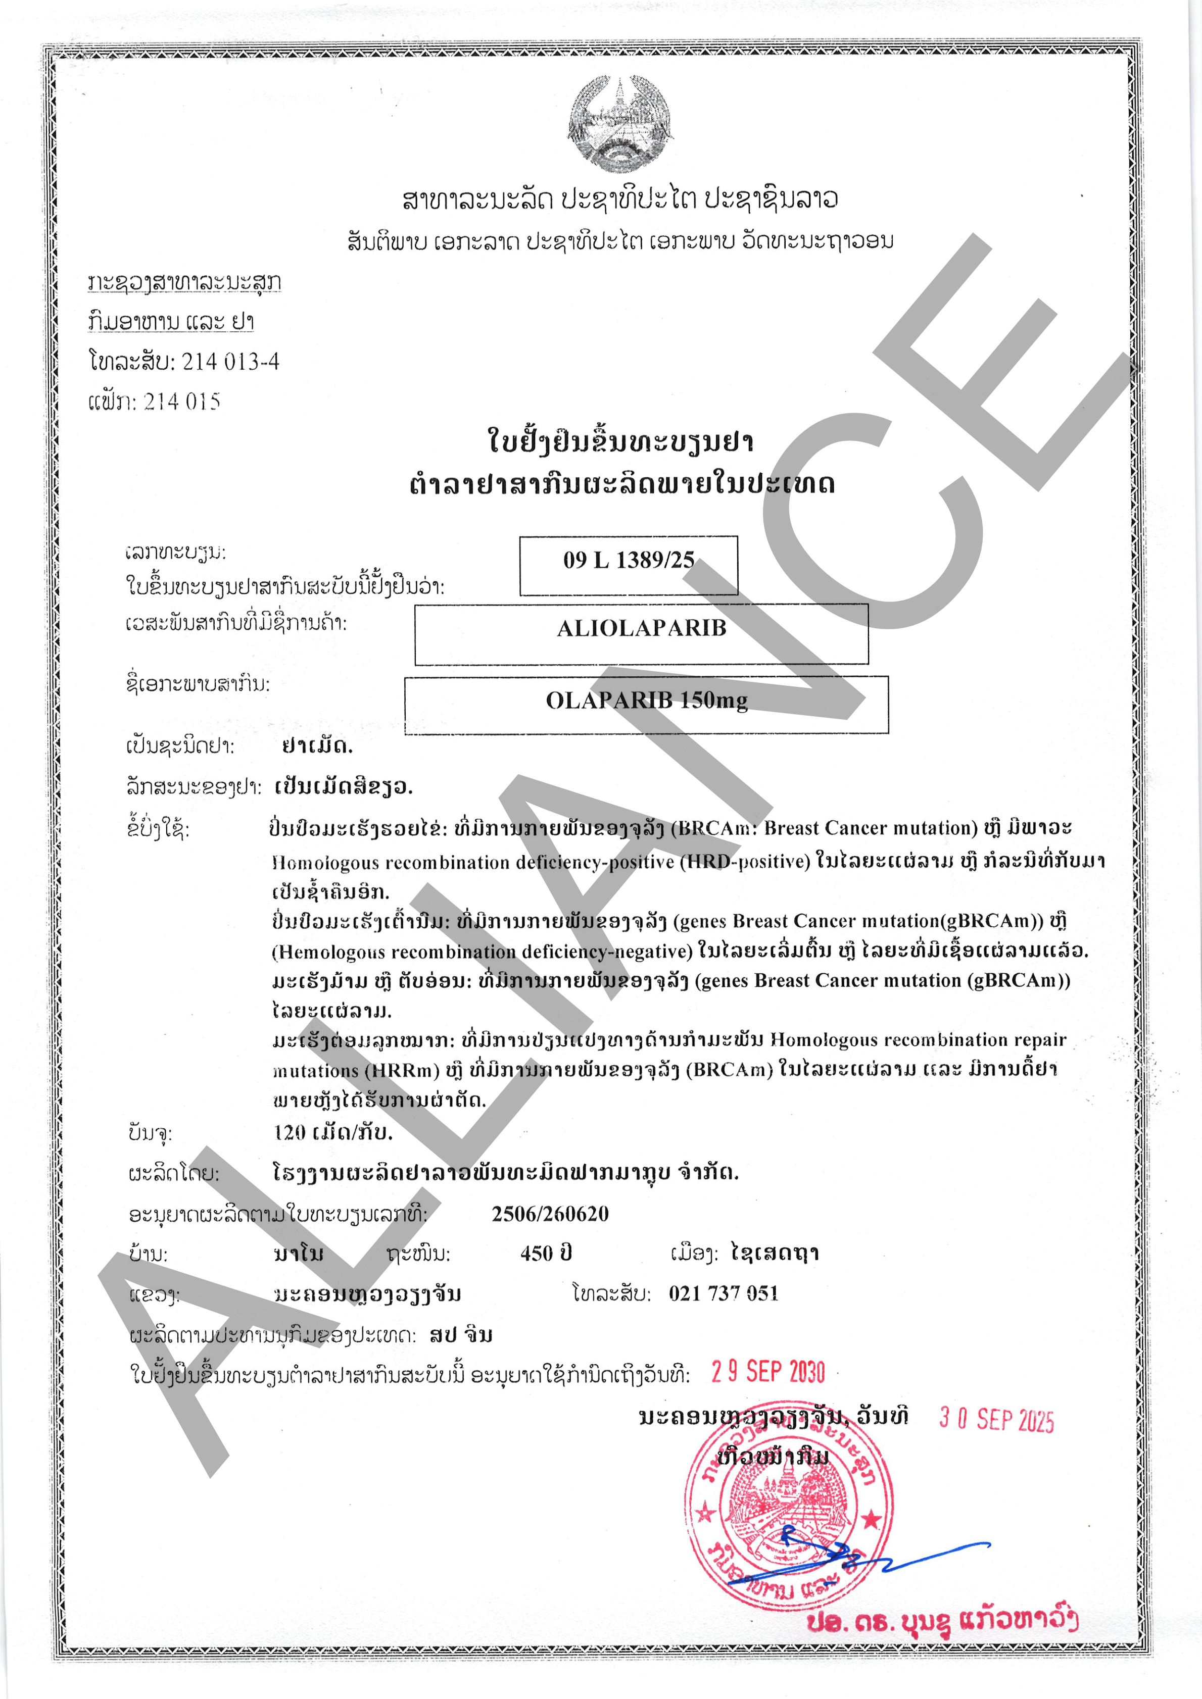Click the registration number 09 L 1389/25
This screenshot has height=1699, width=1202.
click(x=629, y=560)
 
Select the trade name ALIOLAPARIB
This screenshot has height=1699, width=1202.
click(x=642, y=628)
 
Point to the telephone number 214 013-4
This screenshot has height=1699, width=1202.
click(x=230, y=362)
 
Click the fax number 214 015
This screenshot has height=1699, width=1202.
click(x=182, y=402)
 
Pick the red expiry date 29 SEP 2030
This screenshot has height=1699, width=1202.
click(x=767, y=1372)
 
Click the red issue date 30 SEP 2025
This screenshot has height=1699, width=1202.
click(x=996, y=1419)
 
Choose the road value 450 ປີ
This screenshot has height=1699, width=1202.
click(x=546, y=1254)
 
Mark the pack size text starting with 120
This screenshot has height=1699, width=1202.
click(x=333, y=1132)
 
